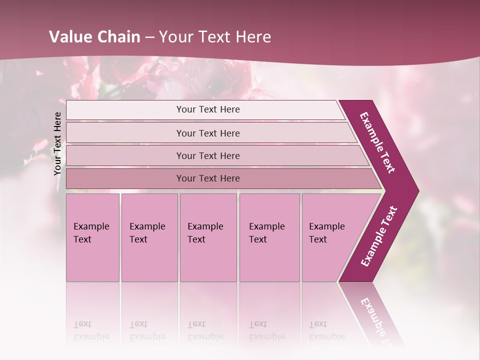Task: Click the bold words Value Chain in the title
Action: tap(94, 37)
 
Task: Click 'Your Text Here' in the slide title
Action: tap(215, 37)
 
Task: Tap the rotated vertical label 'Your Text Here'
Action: tap(57, 143)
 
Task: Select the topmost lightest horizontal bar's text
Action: tap(208, 109)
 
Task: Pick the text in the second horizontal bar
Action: tap(208, 133)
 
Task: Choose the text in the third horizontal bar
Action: tap(208, 156)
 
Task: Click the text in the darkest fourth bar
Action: tap(208, 178)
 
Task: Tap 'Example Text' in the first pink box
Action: tap(91, 233)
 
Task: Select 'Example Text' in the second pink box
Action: tap(147, 233)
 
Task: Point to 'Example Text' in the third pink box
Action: tap(205, 233)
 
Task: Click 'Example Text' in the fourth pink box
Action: tap(266, 233)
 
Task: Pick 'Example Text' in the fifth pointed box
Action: tap(326, 233)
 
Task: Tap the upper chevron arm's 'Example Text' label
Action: tap(377, 142)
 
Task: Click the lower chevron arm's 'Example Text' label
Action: tap(379, 236)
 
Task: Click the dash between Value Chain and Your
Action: tap(149, 37)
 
